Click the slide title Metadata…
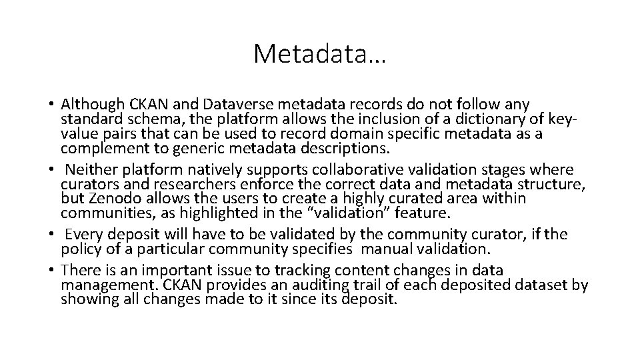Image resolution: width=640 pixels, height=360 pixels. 319,54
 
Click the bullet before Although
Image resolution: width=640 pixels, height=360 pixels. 51,105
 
